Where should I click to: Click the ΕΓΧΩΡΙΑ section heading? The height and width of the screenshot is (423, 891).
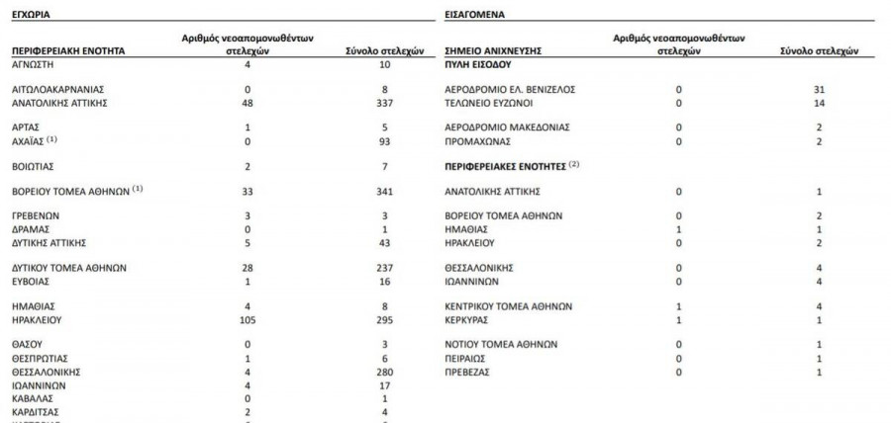32,16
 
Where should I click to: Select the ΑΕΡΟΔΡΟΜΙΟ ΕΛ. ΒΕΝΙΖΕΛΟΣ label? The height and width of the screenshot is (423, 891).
509,89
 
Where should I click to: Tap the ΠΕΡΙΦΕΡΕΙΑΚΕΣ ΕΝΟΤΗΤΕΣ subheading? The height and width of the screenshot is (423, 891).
504,164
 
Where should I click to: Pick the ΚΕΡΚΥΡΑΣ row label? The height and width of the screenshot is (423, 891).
469,319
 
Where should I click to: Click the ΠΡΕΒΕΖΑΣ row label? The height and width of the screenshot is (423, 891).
469,372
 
